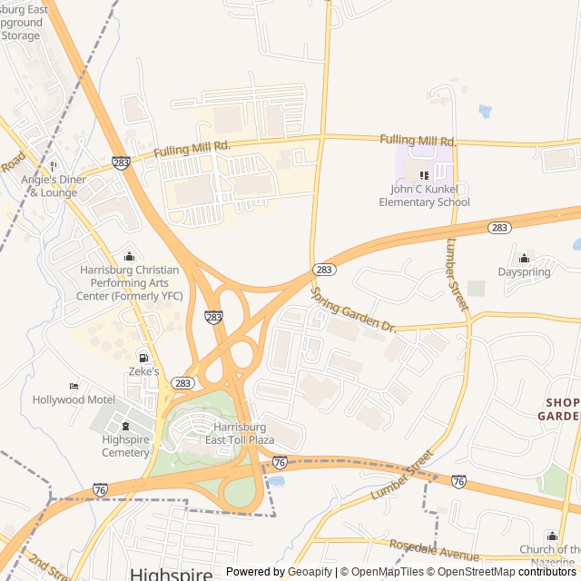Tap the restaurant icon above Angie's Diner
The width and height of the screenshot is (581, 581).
point(53,165)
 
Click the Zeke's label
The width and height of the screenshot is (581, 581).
point(143,371)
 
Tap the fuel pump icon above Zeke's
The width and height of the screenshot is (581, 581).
point(143,358)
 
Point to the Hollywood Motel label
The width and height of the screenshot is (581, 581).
point(74,399)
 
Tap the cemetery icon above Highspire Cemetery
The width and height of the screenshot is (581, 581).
point(125,427)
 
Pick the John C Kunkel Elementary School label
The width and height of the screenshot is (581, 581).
point(424,196)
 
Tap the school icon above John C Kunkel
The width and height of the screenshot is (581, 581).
point(423,175)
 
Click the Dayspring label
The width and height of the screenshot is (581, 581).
point(524,271)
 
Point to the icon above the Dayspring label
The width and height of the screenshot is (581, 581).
point(524,258)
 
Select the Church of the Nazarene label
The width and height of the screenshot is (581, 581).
point(550,556)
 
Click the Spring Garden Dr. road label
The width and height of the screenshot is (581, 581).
point(354,310)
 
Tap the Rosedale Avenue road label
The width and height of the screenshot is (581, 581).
point(434,549)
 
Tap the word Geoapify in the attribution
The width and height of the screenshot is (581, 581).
point(310,572)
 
